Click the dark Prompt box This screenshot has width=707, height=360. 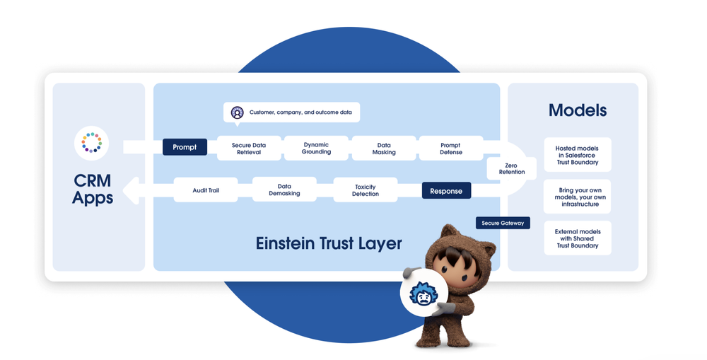point(185,147)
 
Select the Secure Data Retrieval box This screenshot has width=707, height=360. point(249,149)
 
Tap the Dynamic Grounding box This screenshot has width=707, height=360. point(316,149)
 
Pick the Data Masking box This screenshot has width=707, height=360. point(384,149)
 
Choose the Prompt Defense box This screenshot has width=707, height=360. point(451,149)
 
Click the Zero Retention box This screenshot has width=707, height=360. point(511,168)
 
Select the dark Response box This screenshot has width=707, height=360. point(446,191)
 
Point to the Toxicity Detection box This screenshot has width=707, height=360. point(366,190)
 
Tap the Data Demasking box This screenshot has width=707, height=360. point(284,190)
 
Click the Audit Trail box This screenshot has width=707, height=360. point(206,190)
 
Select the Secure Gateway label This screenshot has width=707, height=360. point(503,223)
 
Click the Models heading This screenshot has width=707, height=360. point(578,110)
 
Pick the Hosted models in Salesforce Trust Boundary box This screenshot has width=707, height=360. point(578,155)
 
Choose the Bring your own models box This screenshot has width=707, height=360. point(578,197)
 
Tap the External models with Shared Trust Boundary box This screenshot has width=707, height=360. point(578,238)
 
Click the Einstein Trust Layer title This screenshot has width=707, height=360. point(329,244)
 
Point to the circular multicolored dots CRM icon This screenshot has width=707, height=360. point(92,143)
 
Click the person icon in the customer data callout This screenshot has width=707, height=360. point(238,112)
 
